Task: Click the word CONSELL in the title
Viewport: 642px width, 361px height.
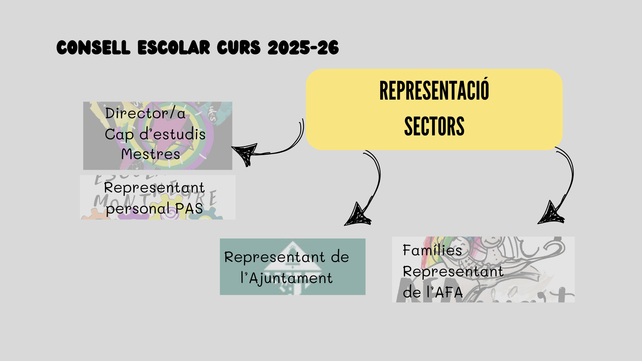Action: click(x=93, y=47)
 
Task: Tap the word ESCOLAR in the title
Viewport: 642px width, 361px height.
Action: click(x=174, y=47)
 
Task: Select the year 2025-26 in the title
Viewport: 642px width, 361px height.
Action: click(x=303, y=47)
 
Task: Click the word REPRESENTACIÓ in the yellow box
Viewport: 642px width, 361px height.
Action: click(x=434, y=91)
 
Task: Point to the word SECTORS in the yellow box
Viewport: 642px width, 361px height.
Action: click(x=434, y=126)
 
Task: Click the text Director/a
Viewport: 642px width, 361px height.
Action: click(x=145, y=113)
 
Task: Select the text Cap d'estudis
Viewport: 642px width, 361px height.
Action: click(x=155, y=134)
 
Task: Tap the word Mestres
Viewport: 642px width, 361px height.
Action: click(x=151, y=154)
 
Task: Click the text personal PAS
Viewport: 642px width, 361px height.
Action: click(x=154, y=209)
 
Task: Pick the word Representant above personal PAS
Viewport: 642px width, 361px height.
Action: click(x=154, y=188)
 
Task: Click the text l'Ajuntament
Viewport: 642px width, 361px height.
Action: click(x=287, y=278)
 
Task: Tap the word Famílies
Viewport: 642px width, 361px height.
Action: click(x=432, y=250)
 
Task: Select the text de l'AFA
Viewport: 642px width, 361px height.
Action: click(x=433, y=292)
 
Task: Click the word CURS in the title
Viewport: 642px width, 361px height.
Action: click(x=238, y=47)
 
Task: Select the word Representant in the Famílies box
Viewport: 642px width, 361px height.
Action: click(x=453, y=271)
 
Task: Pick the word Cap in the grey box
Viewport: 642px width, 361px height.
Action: click(x=119, y=134)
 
